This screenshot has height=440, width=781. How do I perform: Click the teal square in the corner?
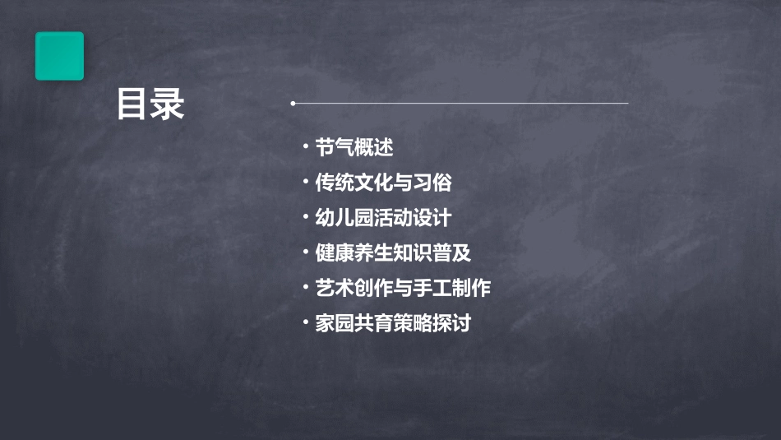coord(59,56)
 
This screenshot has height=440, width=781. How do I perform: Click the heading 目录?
coord(150,104)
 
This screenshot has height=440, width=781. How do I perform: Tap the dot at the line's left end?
coord(293,104)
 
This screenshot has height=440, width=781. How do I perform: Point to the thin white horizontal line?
coord(460,104)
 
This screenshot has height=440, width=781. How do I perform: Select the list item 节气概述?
coord(354,147)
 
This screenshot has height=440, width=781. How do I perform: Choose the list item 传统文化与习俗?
coord(383,183)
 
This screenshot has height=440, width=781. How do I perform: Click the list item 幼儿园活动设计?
coord(383,218)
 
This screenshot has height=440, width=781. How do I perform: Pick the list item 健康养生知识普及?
coord(393,252)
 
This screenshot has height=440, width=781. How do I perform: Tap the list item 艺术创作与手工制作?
coord(403,288)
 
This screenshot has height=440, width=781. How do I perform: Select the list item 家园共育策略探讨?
coord(393,323)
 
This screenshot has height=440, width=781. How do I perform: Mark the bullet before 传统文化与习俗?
coord(305,183)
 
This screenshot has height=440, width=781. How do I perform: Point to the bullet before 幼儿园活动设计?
coord(305,218)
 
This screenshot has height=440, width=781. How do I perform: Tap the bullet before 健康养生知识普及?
coord(305,252)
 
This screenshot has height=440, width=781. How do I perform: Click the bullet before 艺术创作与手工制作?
coord(305,288)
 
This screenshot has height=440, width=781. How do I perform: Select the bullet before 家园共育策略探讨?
coord(305,323)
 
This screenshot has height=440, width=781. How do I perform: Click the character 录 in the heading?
coord(169,104)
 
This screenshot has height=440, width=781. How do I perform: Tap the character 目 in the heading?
coord(132,104)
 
